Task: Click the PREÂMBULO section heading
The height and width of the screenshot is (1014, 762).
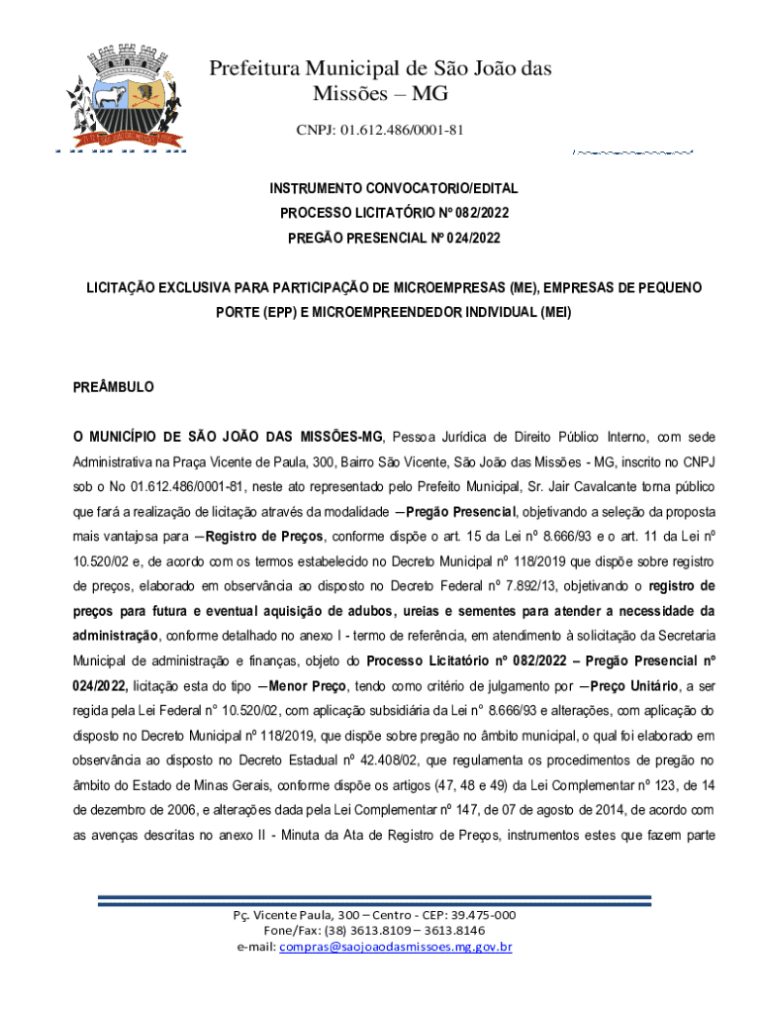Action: point(114,387)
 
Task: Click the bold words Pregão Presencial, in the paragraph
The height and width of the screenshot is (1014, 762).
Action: point(459,513)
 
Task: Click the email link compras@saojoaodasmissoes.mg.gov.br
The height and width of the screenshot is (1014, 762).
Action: point(396,947)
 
